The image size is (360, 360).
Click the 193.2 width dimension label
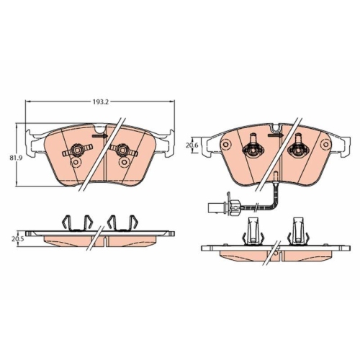coord(101,102)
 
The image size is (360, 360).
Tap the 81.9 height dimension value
coord(14,158)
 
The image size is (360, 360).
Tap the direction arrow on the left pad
coord(100,136)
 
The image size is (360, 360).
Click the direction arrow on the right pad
coord(276,135)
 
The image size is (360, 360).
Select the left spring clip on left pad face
coord(77,150)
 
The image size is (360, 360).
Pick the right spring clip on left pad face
coord(122,150)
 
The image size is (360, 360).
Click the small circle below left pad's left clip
coord(76,163)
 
